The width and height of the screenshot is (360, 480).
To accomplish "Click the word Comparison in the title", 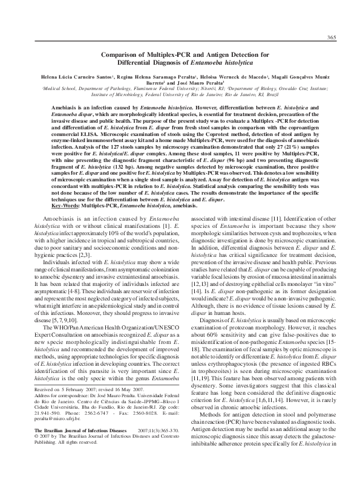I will [x=120, y=54].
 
